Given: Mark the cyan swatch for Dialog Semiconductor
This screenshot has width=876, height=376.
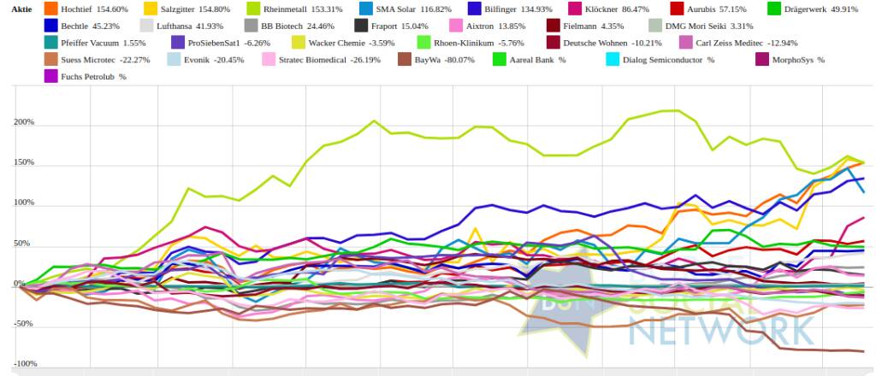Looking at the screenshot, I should [x=613, y=60].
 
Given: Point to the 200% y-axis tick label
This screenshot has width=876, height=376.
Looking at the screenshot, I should [x=23, y=122].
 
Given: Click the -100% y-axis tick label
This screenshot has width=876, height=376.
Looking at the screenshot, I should [x=22, y=364].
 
